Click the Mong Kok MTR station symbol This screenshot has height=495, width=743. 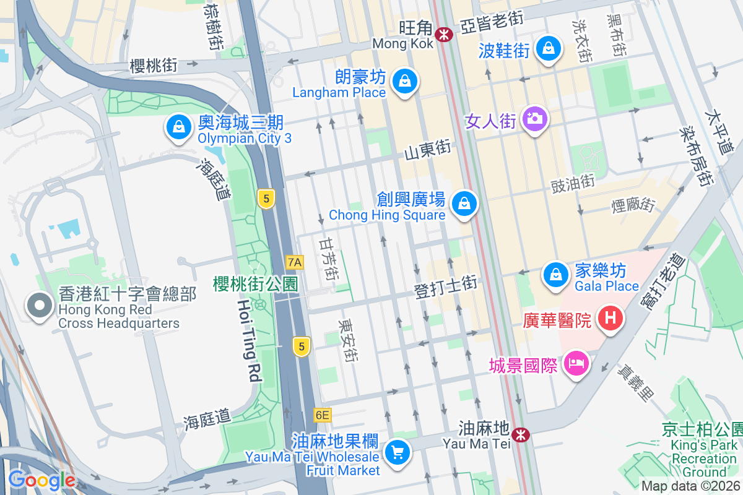pyautogui.click(x=443, y=34)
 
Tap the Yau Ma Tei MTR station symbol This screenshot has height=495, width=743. pyautogui.click(x=521, y=434)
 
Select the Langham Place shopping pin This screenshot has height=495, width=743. pyautogui.click(x=404, y=81)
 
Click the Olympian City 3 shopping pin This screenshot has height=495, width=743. pyautogui.click(x=178, y=127)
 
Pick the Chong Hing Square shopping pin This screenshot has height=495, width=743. pyautogui.click(x=463, y=203)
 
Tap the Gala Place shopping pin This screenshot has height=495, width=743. pyautogui.click(x=556, y=274)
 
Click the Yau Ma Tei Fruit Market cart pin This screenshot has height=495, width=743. pyautogui.click(x=397, y=453)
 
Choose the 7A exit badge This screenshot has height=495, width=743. pyautogui.click(x=295, y=262)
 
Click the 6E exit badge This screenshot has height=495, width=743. pyautogui.click(x=322, y=415)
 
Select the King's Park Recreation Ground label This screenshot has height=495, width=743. pyautogui.click(x=704, y=452)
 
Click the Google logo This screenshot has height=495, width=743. pyautogui.click(x=41, y=480)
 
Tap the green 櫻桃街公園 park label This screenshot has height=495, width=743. pyautogui.click(x=255, y=284)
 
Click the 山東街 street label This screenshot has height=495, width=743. pyautogui.click(x=427, y=150)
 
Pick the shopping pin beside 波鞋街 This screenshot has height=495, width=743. pyautogui.click(x=548, y=48)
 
